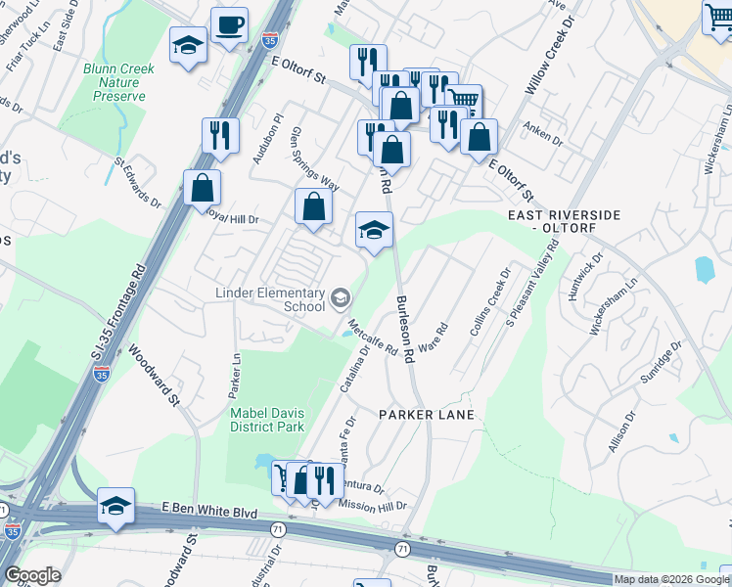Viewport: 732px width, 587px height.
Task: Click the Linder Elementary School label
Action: (x=270, y=299)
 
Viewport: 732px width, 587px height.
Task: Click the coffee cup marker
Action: (x=229, y=25)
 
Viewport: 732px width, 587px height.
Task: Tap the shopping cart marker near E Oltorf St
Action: (x=463, y=100)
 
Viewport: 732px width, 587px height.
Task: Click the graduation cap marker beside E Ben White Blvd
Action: (x=115, y=506)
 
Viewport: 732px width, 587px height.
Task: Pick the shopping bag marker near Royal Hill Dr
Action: (x=202, y=188)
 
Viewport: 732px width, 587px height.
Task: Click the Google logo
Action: (x=31, y=575)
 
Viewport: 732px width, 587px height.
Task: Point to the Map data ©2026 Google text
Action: (x=670, y=579)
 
